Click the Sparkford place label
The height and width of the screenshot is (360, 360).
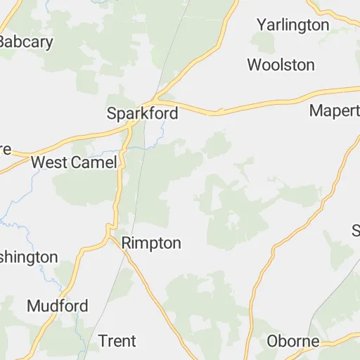coord(142,112)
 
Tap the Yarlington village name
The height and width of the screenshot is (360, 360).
coord(292,25)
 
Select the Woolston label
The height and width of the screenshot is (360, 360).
coord(281,65)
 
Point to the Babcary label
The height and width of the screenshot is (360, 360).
coord(25,41)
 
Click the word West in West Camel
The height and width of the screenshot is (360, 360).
coord(49,162)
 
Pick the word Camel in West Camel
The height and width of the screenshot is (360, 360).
coord(94,162)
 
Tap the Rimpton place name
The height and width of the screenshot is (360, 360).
coord(151,243)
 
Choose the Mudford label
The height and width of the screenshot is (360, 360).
coord(58,306)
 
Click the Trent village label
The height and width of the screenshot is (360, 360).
coord(117,341)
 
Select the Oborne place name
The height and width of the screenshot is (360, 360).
coord(292,342)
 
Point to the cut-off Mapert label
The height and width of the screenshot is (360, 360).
coord(334,111)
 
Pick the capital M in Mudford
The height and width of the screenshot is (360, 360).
coord(34,306)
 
